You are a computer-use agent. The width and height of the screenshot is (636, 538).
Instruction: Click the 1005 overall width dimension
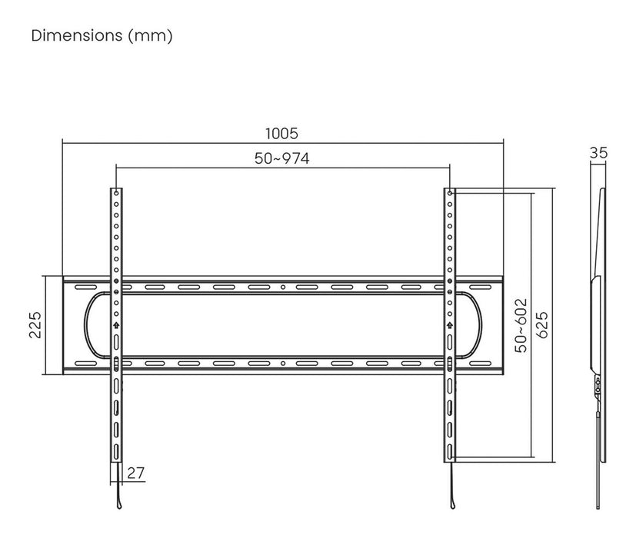click(x=282, y=134)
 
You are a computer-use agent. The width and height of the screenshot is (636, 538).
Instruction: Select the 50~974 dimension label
click(x=281, y=158)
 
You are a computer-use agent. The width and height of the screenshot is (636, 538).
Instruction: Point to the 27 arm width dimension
click(x=136, y=473)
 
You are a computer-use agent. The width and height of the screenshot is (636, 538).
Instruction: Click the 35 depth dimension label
click(x=598, y=153)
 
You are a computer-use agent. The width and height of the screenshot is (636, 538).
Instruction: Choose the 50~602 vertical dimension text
click(x=521, y=325)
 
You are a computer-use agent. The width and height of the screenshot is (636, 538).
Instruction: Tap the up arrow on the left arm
click(x=115, y=325)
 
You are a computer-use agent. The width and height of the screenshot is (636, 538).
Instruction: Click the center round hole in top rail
click(x=282, y=287)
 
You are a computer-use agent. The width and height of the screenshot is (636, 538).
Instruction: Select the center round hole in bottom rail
click(x=282, y=363)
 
